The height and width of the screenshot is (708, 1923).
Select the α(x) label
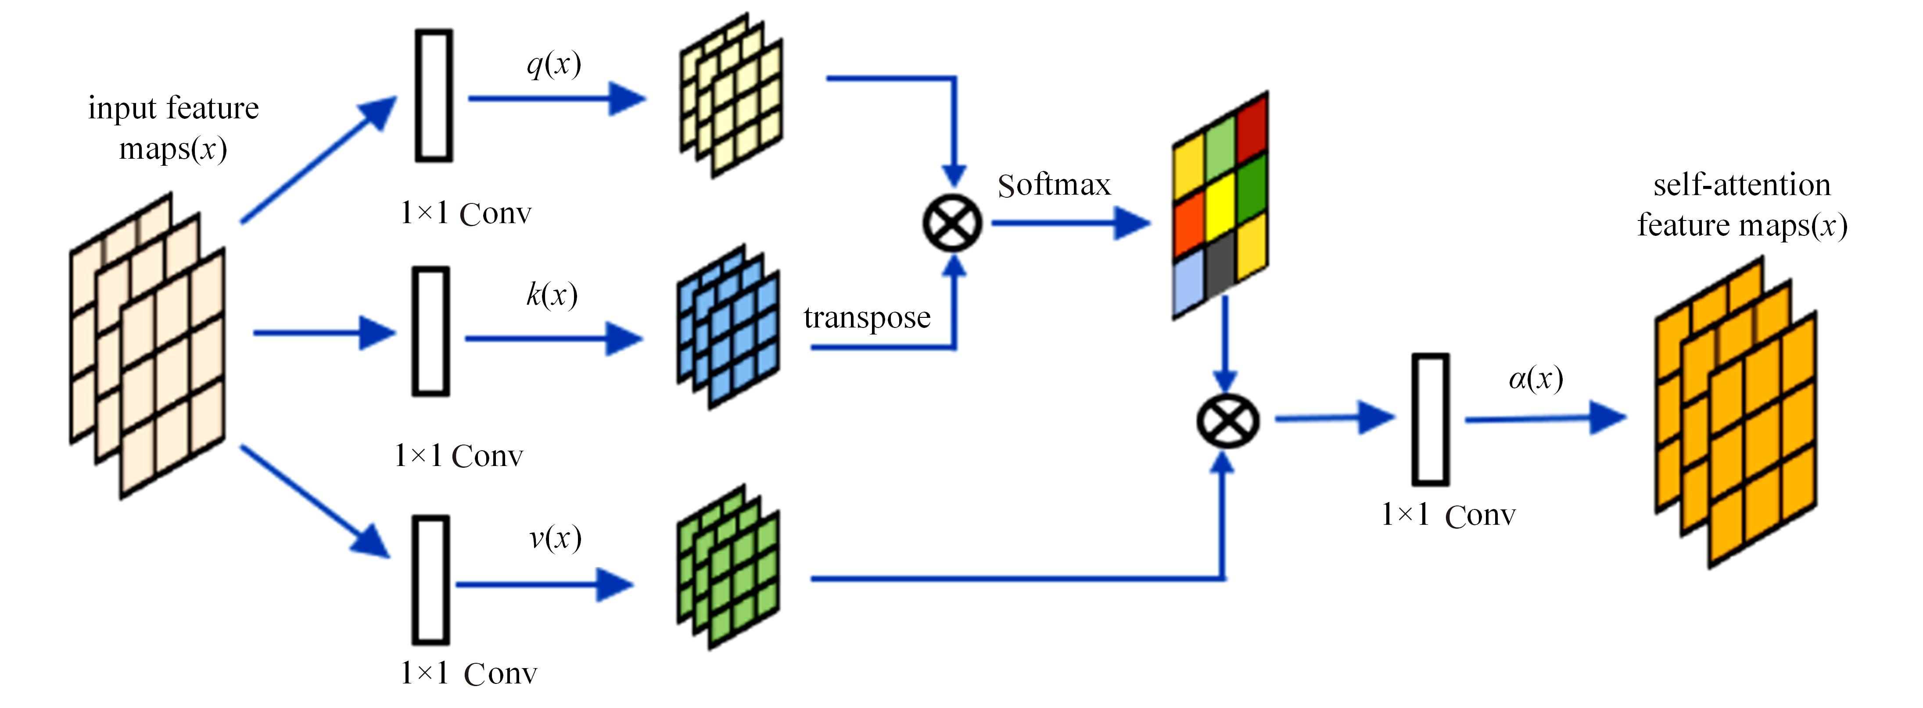1536,379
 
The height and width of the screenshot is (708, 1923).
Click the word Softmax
1054,185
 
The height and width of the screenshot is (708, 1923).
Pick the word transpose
867,318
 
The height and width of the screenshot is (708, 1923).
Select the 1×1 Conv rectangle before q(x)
434,96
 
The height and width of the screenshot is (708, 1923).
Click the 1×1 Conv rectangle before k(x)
431,331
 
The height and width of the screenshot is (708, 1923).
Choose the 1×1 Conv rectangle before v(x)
431,580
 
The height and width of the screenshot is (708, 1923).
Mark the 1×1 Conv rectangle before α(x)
1430,419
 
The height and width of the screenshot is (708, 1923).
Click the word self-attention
1742,185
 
